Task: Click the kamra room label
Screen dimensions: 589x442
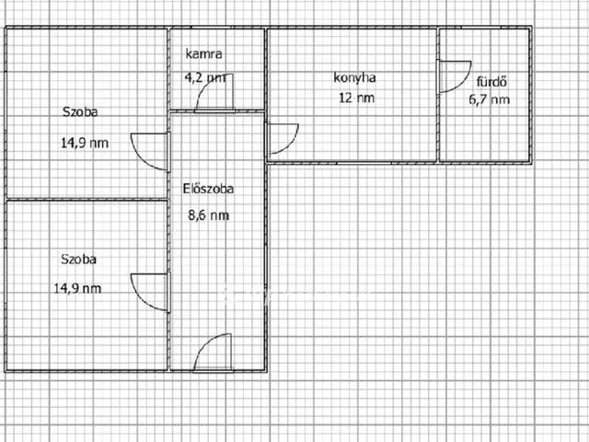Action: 204,53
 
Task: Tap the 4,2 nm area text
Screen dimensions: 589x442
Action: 205,77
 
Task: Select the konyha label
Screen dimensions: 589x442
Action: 354,77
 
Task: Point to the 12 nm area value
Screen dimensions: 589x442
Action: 356,98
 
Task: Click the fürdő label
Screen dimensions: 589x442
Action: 492,81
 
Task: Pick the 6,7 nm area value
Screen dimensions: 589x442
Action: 489,99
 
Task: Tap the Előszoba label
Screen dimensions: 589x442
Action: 208,188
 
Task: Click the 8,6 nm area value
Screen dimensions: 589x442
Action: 208,215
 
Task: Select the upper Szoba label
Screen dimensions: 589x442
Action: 80,112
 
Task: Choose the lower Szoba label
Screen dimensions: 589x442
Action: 78,260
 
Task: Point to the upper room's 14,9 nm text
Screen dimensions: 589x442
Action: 85,143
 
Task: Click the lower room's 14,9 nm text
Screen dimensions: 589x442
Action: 77,288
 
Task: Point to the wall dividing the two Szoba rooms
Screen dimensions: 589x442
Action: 87,199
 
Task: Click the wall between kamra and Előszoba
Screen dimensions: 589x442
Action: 217,111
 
